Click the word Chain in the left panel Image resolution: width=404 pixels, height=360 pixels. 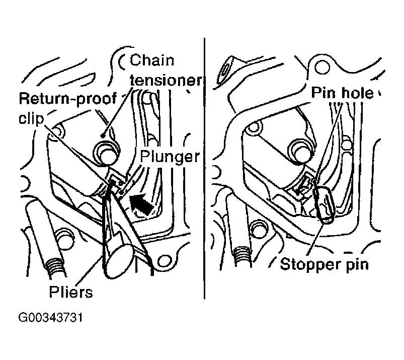point(152,60)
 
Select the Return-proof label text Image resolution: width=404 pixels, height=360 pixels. point(68,99)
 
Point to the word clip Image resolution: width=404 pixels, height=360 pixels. point(31,119)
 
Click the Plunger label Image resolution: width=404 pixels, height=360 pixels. point(170,157)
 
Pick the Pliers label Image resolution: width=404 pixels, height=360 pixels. point(71,292)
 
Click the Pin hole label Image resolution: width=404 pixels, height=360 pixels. point(342,93)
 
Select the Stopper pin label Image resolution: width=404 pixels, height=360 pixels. point(324,264)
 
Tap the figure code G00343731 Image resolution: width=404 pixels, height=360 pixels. point(50,317)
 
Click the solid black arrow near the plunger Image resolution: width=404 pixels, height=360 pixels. point(141,204)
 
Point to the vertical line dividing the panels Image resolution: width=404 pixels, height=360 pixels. point(204,168)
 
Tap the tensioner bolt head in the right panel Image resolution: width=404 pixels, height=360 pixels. point(300,152)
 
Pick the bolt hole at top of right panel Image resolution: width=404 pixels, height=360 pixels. point(322,67)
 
